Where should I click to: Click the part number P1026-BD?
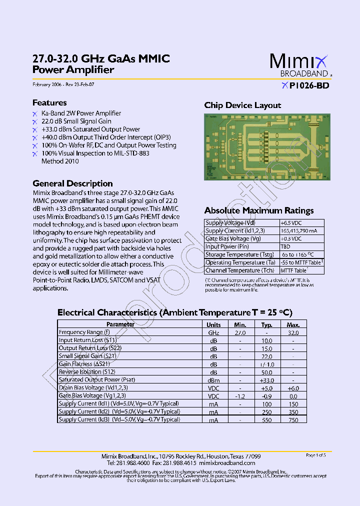[309, 85]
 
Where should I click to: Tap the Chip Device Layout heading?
[242, 105]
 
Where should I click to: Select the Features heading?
[49, 102]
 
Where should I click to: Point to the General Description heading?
[72, 183]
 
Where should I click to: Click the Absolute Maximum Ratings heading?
[259, 210]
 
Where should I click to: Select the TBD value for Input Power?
[285, 246]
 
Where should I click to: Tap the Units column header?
[213, 324]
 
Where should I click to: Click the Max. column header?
[293, 324]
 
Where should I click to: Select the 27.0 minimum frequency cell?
[240, 332]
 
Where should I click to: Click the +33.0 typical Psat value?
[266, 380]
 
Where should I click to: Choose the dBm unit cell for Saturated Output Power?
[213, 380]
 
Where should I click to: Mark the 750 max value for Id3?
[293, 420]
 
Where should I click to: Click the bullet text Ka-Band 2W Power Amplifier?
[81, 113]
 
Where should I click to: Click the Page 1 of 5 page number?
[315, 455]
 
